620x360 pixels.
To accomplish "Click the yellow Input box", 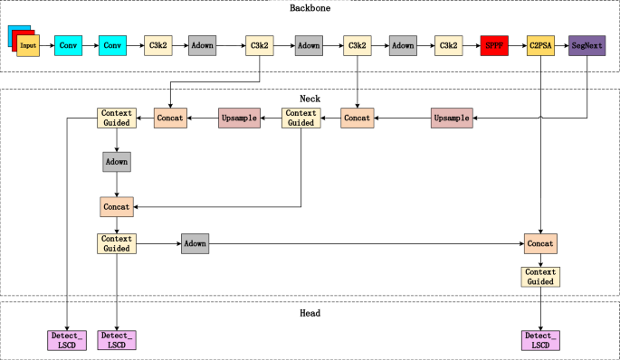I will click(x=28, y=45).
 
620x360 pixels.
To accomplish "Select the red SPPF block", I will click(x=495, y=44).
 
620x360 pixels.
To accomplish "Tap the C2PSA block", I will click(x=540, y=44).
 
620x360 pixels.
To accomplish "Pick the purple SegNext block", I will click(x=587, y=44).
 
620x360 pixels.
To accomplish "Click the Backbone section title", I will click(x=310, y=9).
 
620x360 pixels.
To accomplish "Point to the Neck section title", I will click(x=310, y=97).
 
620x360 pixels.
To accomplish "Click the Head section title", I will click(x=310, y=313).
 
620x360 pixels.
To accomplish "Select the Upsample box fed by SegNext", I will click(x=452, y=118).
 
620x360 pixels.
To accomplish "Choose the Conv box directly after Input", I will click(x=68, y=44).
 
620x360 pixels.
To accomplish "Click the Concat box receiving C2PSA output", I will click(x=540, y=243).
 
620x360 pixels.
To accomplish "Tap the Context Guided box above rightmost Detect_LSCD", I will click(x=540, y=276).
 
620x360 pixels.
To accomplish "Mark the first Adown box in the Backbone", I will click(x=203, y=44).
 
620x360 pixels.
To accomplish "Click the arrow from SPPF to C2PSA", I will click(x=518, y=44).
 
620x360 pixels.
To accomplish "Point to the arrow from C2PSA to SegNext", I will click(x=562, y=44).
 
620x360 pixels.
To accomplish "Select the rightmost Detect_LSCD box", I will click(x=540, y=340).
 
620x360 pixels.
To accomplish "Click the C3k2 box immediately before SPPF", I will click(x=448, y=44).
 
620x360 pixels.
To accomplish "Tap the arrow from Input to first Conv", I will click(x=47, y=44).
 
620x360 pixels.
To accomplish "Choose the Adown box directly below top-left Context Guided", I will click(x=117, y=161).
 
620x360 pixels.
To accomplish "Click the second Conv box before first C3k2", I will click(x=112, y=44).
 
